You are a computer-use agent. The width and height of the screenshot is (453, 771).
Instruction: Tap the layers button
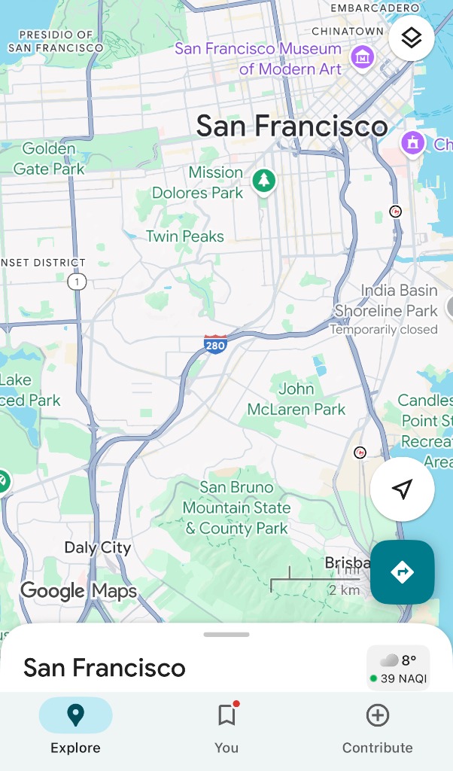coord(411,38)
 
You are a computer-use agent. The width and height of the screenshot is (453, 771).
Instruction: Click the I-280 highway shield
coord(216,345)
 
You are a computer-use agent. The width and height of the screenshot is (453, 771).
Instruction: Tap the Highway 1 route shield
coord(76,282)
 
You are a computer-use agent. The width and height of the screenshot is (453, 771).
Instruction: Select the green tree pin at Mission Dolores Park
coord(263,181)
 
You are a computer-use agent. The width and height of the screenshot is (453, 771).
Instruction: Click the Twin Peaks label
coord(185,236)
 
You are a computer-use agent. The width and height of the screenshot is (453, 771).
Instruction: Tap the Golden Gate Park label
coord(49,159)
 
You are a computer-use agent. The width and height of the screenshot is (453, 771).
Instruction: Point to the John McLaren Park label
coord(296,399)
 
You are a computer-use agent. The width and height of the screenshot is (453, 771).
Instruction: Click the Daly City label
coord(98,547)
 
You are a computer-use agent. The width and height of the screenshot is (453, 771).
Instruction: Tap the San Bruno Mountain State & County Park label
coord(237,507)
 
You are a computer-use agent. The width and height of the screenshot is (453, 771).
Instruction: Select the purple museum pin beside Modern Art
coord(363,55)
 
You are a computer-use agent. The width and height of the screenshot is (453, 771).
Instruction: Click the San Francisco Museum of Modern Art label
coord(258,59)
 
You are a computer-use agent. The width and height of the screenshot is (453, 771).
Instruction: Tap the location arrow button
coord(402,489)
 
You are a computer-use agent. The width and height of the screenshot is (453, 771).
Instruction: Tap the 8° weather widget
coord(398,668)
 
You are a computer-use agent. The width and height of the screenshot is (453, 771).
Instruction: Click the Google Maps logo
coord(79,591)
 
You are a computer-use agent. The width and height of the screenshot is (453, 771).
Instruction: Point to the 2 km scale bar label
coord(344,590)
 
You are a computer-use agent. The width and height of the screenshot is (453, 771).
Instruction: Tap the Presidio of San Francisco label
coord(56,41)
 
